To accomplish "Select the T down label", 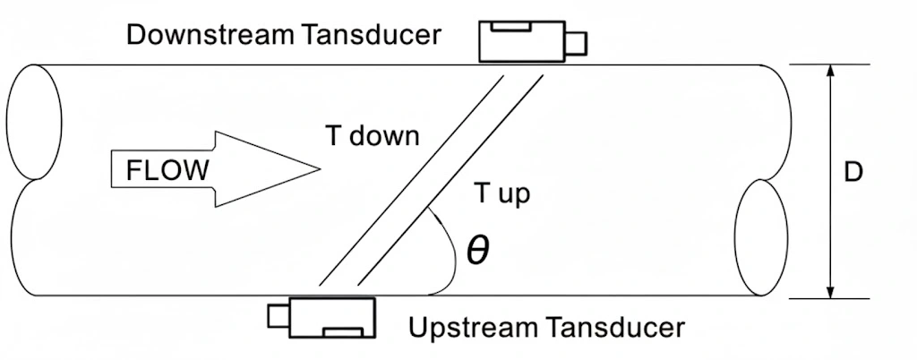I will (371, 137).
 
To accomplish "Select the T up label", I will (502, 194).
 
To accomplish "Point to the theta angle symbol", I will (478, 252).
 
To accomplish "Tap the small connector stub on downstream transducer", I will (578, 41).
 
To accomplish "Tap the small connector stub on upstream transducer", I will (279, 316).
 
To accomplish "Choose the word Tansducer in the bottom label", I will (614, 329).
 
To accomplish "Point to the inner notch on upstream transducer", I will (344, 331).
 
